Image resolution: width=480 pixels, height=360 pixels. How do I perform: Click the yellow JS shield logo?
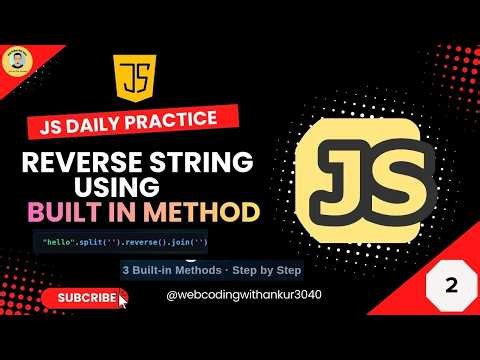pyautogui.click(x=135, y=81)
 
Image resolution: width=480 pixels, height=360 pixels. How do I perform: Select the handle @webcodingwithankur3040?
pyautogui.click(x=229, y=297)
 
